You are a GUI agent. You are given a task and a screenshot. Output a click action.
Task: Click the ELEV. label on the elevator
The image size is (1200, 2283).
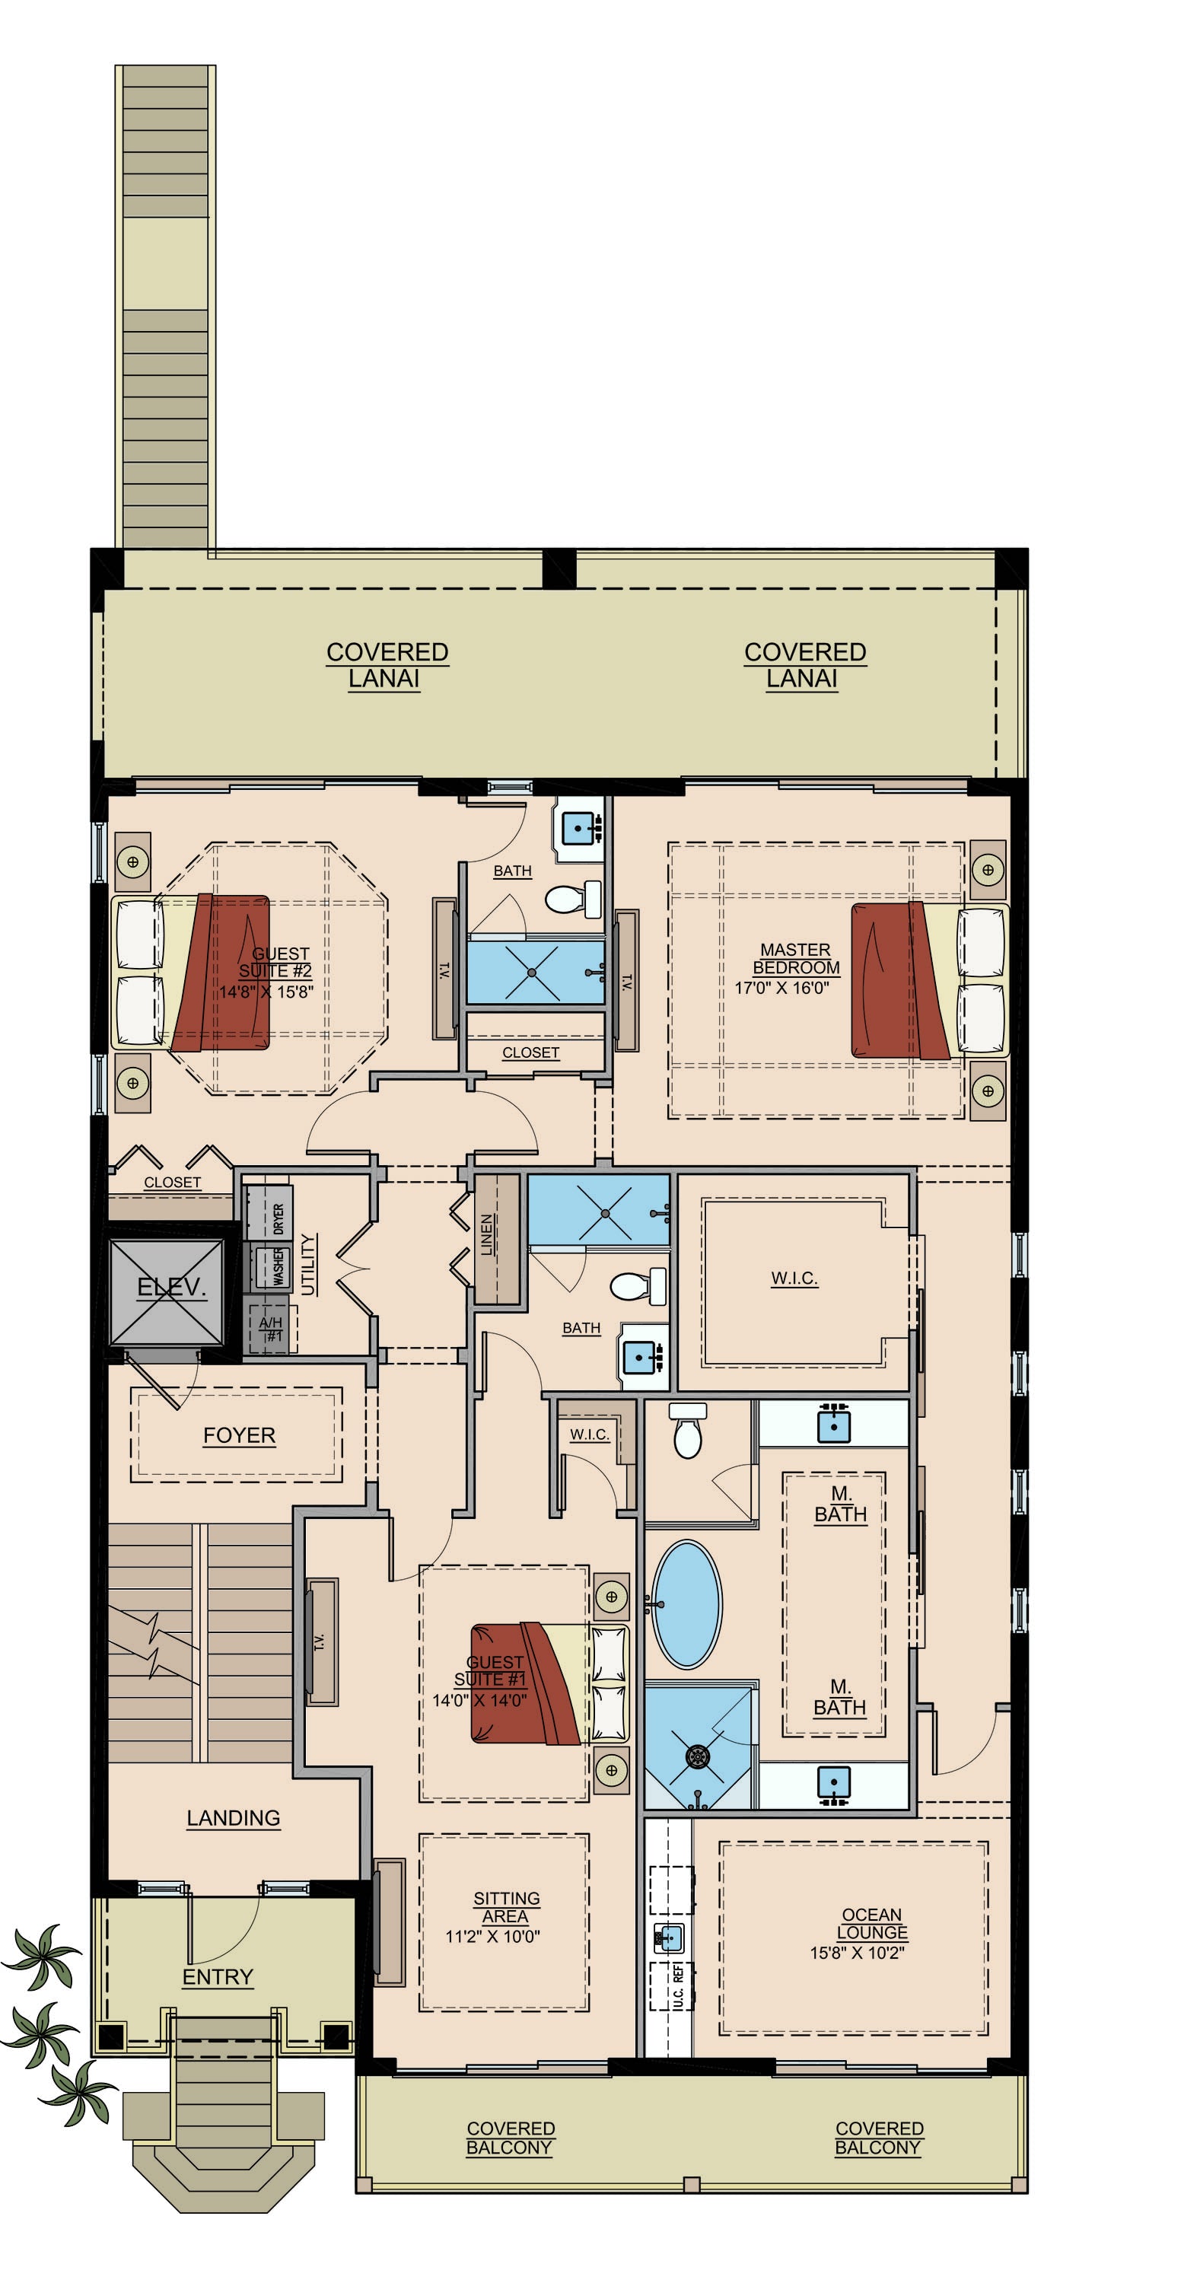171,1288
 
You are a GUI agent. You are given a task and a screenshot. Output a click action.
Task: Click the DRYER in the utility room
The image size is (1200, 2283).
268,1213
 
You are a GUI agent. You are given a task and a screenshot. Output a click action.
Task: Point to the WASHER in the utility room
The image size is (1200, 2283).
268,1267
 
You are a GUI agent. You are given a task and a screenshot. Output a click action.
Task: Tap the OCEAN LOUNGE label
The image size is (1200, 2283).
872,1924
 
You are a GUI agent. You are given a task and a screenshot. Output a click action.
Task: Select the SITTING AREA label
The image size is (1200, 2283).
506,1907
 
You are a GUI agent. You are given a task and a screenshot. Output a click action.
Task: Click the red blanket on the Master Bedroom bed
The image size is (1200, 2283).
898,980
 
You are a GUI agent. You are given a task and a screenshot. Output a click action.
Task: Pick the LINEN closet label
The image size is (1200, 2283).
486,1234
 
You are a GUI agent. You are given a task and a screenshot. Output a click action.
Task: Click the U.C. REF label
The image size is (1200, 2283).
678,1986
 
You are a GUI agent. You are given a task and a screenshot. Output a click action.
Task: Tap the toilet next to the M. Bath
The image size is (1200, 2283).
688,1431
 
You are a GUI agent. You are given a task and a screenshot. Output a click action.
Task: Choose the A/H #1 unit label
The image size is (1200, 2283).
271,1329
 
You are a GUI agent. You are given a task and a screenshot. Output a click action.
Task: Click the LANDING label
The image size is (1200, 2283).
233,1819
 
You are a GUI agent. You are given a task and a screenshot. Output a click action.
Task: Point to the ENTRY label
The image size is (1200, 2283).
218,1977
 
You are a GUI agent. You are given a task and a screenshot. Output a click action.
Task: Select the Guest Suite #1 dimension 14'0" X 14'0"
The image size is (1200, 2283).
479,1701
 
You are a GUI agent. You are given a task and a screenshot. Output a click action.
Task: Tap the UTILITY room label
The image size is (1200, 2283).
308,1265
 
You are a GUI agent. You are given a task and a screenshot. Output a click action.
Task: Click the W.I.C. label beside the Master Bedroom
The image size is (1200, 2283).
794,1278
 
